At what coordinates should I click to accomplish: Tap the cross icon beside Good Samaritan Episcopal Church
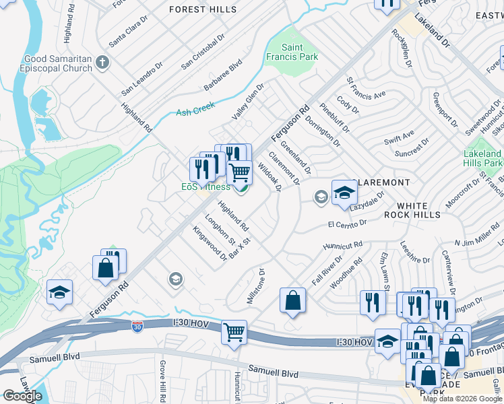[102, 63]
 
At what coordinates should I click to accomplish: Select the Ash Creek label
[195, 109]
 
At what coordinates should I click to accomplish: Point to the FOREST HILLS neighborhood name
[203, 9]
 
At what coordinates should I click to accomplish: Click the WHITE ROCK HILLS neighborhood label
[418, 210]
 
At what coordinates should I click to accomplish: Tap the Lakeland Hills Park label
[482, 158]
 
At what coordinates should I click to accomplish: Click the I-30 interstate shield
[137, 327]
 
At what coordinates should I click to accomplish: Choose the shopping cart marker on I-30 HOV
[234, 331]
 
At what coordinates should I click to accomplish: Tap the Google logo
[22, 396]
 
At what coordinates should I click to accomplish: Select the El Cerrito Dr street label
[347, 222]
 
